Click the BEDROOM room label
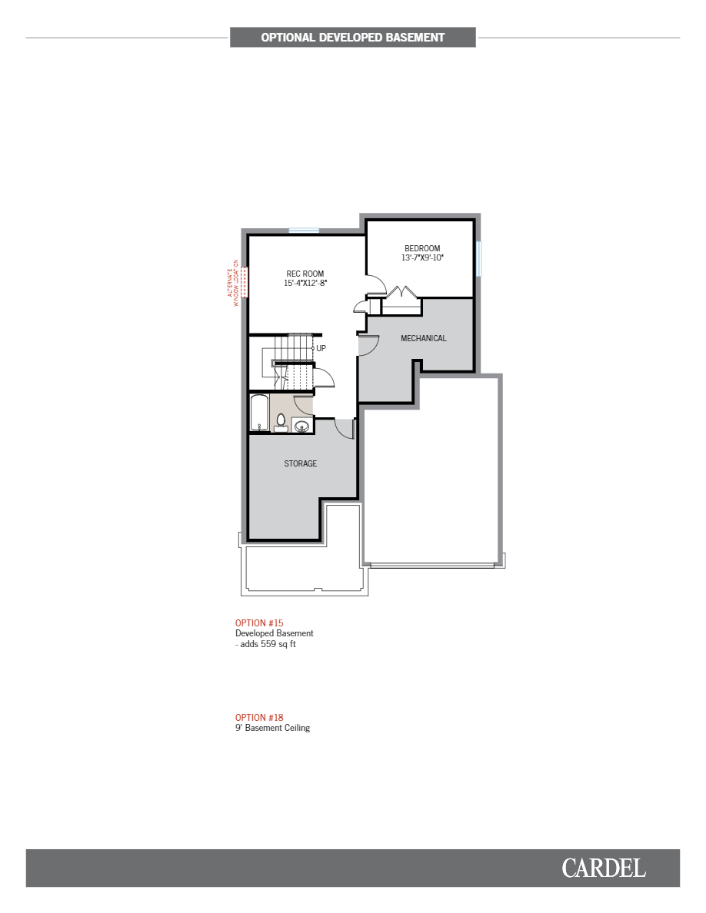point(422,248)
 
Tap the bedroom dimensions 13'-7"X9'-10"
point(422,258)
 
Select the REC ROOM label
point(305,274)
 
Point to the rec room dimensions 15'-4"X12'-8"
point(305,284)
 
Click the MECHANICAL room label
point(423,338)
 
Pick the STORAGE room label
point(301,463)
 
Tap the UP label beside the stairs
point(321,348)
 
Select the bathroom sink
point(301,425)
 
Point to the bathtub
point(258,413)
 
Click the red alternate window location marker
point(245,282)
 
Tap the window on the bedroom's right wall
point(478,258)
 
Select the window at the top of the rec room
point(304,230)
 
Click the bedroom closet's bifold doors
point(401,294)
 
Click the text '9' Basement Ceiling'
point(273,728)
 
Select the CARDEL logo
point(603,868)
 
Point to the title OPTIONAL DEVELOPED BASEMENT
point(352,37)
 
